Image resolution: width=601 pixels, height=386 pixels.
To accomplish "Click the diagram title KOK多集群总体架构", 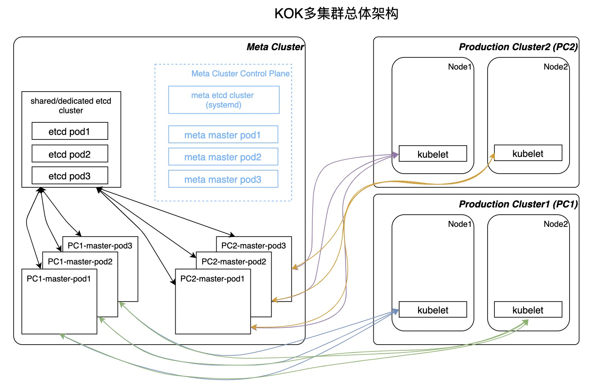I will (336, 14).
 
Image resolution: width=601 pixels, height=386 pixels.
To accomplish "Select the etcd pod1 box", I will (70, 131).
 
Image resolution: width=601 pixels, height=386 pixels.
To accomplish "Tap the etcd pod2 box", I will (70, 154).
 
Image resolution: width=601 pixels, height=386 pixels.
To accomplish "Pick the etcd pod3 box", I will (70, 176).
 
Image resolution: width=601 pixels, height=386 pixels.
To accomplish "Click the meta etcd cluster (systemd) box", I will (223, 100).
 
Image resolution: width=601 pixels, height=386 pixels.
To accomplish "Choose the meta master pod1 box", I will (223, 135).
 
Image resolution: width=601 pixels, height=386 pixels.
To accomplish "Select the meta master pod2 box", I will (223, 157).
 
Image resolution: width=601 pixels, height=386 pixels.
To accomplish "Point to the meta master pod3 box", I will (223, 179).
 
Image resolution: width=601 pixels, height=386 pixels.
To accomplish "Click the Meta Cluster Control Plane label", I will (241, 74).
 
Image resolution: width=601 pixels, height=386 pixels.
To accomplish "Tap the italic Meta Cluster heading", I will (275, 47).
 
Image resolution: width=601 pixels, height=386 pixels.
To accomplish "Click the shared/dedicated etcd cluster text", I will (71, 106).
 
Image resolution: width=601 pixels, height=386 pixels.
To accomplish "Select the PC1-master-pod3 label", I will (100, 246).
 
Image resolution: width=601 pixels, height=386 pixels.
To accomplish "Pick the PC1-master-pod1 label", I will (59, 279).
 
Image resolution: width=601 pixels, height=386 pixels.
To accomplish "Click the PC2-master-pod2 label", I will (234, 262).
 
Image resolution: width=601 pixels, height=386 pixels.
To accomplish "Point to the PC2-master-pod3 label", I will (253, 246).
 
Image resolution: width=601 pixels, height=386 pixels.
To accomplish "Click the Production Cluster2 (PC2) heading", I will (518, 47).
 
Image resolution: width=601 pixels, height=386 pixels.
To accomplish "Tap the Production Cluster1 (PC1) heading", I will (518, 204).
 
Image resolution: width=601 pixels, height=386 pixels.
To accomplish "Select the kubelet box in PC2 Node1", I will (433, 154).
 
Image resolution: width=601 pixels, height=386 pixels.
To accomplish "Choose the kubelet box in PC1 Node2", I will (528, 310).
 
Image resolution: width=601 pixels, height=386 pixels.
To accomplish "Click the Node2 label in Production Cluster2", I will (555, 67).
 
